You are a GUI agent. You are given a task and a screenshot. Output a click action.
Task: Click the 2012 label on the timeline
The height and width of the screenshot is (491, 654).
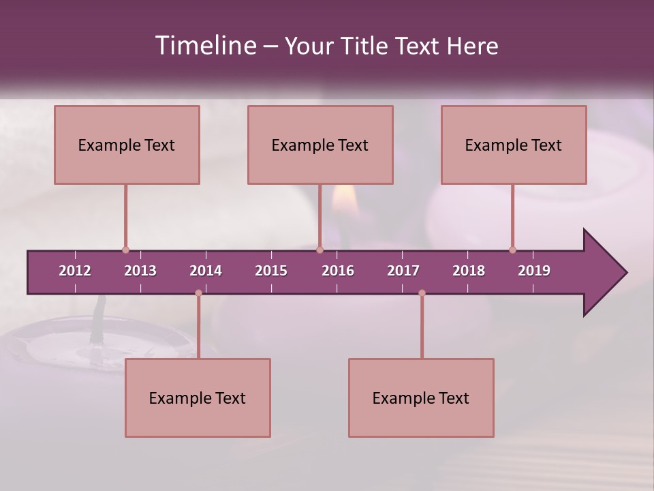pos(75,271)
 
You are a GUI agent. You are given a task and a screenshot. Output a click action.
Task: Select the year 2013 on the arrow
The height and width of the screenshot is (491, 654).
pos(140,271)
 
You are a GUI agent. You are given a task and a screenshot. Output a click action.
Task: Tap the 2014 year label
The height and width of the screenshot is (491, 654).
pos(206,271)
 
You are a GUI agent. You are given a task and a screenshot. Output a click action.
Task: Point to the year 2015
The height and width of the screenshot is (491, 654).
pos(271,271)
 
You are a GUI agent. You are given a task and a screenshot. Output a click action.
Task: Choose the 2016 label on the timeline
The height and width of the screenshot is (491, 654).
pos(338,271)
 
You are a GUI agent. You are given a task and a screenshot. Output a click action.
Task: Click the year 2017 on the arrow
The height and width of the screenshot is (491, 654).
pos(403,271)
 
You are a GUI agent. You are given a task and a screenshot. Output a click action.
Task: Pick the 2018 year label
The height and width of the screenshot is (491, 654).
pos(469,271)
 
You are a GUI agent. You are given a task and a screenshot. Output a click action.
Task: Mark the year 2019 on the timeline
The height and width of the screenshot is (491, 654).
pos(534,271)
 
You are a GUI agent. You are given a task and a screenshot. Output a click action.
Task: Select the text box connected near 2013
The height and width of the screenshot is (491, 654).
pos(127,145)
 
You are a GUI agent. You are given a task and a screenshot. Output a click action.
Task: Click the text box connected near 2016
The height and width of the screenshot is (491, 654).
pos(320,145)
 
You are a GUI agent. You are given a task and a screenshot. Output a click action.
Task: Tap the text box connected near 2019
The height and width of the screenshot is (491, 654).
pos(514,145)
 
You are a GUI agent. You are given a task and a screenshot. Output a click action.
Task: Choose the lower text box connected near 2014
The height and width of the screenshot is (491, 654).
pos(198,398)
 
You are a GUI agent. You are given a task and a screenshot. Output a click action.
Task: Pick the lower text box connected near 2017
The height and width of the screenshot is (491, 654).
pos(421,398)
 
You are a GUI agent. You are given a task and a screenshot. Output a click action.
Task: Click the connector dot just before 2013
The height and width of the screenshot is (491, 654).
pos(125,250)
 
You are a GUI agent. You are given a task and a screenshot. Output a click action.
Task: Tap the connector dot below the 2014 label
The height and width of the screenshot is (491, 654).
pos(198,293)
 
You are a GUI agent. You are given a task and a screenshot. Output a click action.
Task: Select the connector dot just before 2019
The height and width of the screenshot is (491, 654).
pos(512,250)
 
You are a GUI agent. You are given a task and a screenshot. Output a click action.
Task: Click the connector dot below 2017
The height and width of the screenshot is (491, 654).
pos(422,293)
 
